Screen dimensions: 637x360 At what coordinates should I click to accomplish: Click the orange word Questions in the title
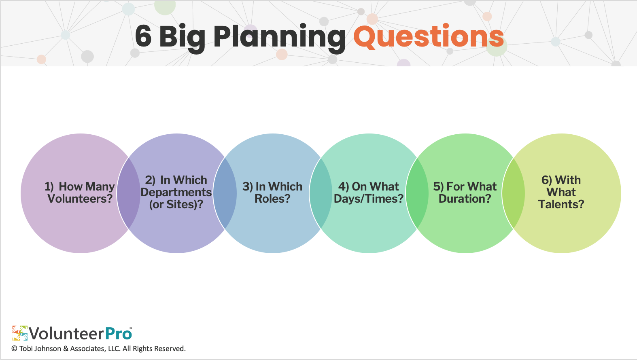coord(429,37)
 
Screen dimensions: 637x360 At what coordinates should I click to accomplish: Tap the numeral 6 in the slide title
coord(143,36)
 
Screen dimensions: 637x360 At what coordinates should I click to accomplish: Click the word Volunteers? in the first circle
coord(80,199)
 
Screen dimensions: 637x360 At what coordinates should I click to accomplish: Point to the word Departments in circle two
coord(176,193)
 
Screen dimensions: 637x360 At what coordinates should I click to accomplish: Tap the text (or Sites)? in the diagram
coord(176,205)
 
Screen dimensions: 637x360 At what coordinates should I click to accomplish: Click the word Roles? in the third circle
coord(272,199)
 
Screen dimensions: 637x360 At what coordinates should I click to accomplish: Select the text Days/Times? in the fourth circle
coord(369,199)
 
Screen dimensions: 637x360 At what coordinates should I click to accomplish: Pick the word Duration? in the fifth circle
coord(465,199)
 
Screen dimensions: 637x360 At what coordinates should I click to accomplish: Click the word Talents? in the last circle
coord(561,204)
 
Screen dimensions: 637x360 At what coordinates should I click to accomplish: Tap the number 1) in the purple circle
coord(49,187)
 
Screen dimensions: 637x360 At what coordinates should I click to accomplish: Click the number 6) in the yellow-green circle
coord(547,180)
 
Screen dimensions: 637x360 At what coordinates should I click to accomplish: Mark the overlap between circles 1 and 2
coord(129,193)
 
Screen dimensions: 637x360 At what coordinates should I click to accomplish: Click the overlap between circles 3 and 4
coord(321,193)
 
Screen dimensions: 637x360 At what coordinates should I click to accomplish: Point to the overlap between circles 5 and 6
coord(513,193)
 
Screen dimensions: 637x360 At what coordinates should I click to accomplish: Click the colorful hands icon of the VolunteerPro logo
coord(20,333)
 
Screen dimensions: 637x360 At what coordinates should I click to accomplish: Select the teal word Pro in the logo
coord(119,334)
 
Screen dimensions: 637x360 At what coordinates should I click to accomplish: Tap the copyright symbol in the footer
coord(14,349)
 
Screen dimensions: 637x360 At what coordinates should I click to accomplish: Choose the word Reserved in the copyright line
coord(170,349)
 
